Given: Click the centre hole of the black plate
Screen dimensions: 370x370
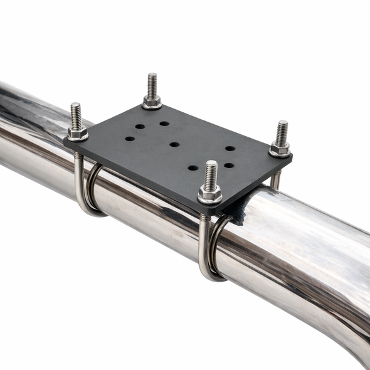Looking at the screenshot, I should tap(174, 144).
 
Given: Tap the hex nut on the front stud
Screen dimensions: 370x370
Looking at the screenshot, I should tap(209, 196).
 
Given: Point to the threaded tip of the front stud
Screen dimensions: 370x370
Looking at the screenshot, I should tap(211, 168).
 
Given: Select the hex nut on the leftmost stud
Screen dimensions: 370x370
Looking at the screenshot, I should tap(77, 132).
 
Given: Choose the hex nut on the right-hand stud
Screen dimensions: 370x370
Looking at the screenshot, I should tap(280, 149).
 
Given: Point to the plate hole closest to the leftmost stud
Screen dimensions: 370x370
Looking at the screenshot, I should tap(129, 139).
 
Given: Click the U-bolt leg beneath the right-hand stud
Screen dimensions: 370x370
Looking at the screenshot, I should tap(275, 181).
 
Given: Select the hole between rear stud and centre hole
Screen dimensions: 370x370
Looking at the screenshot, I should tap(164, 124).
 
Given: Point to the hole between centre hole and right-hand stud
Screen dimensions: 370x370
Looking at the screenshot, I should tap(230, 149).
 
